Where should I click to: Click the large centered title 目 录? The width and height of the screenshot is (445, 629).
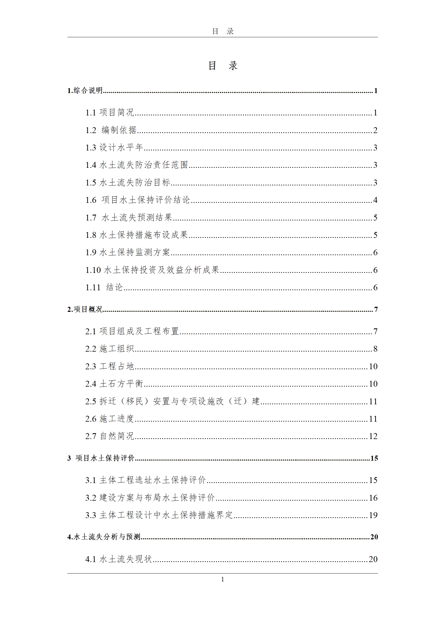click(223, 66)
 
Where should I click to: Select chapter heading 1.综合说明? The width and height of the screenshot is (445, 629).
click(85, 90)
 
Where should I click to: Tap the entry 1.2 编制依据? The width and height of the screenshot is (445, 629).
click(111, 130)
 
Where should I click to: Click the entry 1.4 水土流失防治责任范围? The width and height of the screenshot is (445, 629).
click(136, 165)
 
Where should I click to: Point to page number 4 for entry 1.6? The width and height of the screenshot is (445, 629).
click(375, 200)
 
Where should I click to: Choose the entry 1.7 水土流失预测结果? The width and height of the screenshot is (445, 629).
click(129, 217)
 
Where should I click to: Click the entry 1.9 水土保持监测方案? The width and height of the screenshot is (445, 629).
click(128, 252)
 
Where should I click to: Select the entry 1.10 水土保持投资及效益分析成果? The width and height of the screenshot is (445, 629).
click(152, 270)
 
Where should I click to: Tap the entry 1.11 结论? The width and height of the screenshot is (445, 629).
click(104, 287)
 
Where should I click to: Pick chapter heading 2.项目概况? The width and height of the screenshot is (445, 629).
click(85, 309)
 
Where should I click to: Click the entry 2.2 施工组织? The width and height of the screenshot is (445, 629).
click(110, 349)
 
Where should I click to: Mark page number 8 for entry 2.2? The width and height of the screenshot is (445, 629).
click(375, 349)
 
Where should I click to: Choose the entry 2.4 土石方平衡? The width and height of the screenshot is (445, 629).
click(114, 384)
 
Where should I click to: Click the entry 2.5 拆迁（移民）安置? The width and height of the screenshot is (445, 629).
click(172, 401)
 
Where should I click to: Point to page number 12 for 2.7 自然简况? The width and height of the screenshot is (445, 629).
click(373, 436)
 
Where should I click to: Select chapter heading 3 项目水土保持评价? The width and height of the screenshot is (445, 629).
click(101, 458)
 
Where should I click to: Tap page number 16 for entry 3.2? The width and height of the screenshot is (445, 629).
click(373, 498)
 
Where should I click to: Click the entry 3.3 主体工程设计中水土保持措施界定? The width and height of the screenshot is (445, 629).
click(159, 515)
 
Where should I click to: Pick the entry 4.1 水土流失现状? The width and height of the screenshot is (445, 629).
click(119, 559)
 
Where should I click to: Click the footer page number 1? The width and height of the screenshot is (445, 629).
click(223, 579)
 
